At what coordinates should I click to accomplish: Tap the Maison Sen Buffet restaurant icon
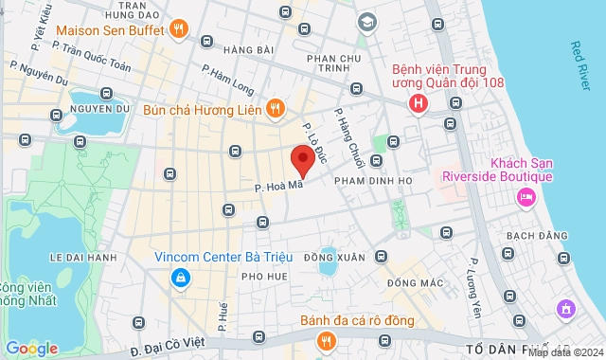coord(179,28)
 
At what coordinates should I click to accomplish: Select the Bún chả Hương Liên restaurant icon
coord(274,108)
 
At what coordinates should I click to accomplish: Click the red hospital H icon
coord(418,103)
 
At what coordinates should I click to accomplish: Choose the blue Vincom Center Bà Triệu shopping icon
coord(179,278)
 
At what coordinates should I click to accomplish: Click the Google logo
coord(31,349)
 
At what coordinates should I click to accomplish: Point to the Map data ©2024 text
coord(565,352)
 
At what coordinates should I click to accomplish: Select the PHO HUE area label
coord(264,276)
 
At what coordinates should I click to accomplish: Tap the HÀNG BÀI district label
coord(249,48)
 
